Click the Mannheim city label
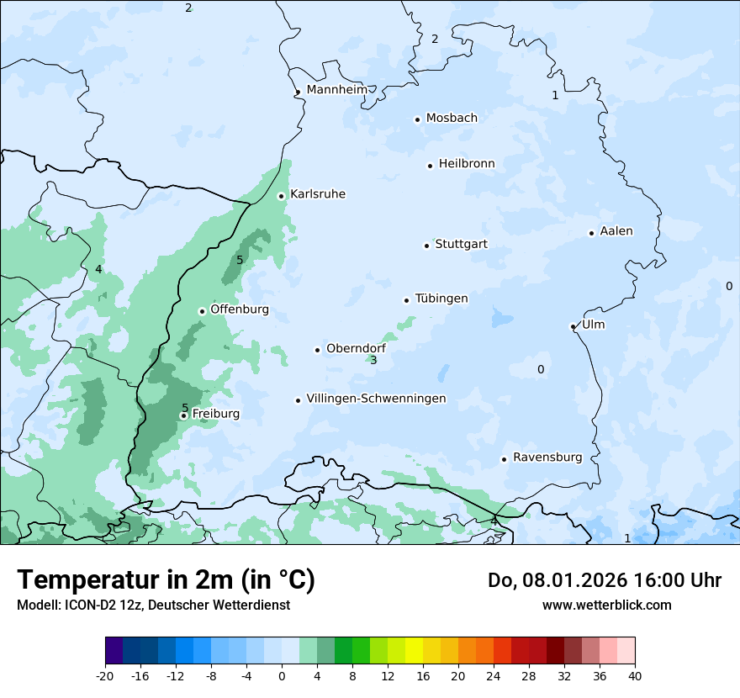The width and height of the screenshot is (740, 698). [x=336, y=89]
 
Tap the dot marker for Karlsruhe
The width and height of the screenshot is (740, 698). [x=282, y=196]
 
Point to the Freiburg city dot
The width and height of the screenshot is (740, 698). [x=183, y=415]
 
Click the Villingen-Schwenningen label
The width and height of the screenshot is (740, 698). [x=376, y=399]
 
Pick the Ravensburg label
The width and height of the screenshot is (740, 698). [x=547, y=457]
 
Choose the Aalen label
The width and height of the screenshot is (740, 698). [x=616, y=231]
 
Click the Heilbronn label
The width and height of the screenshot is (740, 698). [x=467, y=164]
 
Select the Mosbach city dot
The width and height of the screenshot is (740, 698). [x=417, y=119]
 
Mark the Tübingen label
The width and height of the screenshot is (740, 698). [x=441, y=299]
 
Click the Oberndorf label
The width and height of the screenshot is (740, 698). [x=356, y=348]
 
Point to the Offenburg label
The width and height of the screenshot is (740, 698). [x=240, y=309]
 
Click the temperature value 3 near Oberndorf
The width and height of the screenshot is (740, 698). [x=373, y=361]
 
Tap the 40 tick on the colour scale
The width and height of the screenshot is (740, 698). [x=634, y=675]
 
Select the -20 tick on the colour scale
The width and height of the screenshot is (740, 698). [x=105, y=675]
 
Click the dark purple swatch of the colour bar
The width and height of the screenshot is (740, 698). [x=114, y=651]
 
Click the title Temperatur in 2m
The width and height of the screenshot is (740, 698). [x=166, y=580]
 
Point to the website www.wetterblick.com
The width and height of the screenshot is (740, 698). [x=606, y=605]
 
